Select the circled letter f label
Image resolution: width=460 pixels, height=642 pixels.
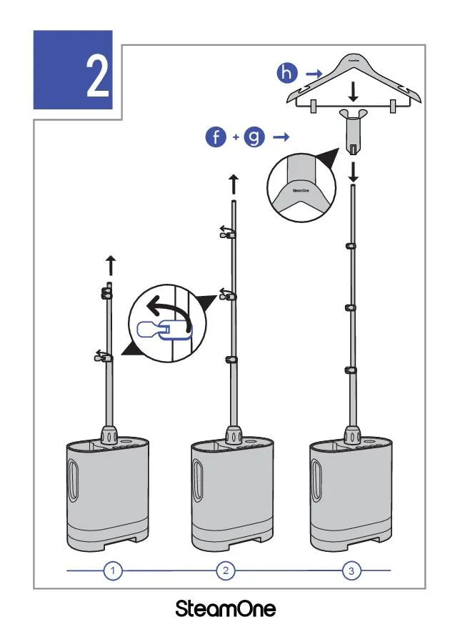(x=216, y=136)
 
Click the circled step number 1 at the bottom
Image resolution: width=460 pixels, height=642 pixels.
(x=113, y=571)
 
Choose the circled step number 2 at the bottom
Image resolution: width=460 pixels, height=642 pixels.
(x=226, y=571)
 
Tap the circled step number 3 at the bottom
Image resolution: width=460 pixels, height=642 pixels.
(x=351, y=571)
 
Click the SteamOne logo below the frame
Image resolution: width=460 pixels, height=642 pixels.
(x=226, y=611)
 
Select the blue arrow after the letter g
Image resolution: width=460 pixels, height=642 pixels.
(x=280, y=136)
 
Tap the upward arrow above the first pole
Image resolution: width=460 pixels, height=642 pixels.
(x=110, y=265)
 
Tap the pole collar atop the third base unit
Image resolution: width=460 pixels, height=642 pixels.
(x=351, y=435)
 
